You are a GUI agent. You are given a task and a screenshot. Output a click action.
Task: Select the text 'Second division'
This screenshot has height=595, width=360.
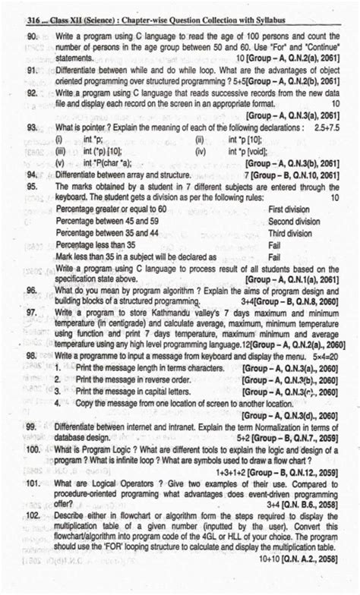[x=295, y=221]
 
